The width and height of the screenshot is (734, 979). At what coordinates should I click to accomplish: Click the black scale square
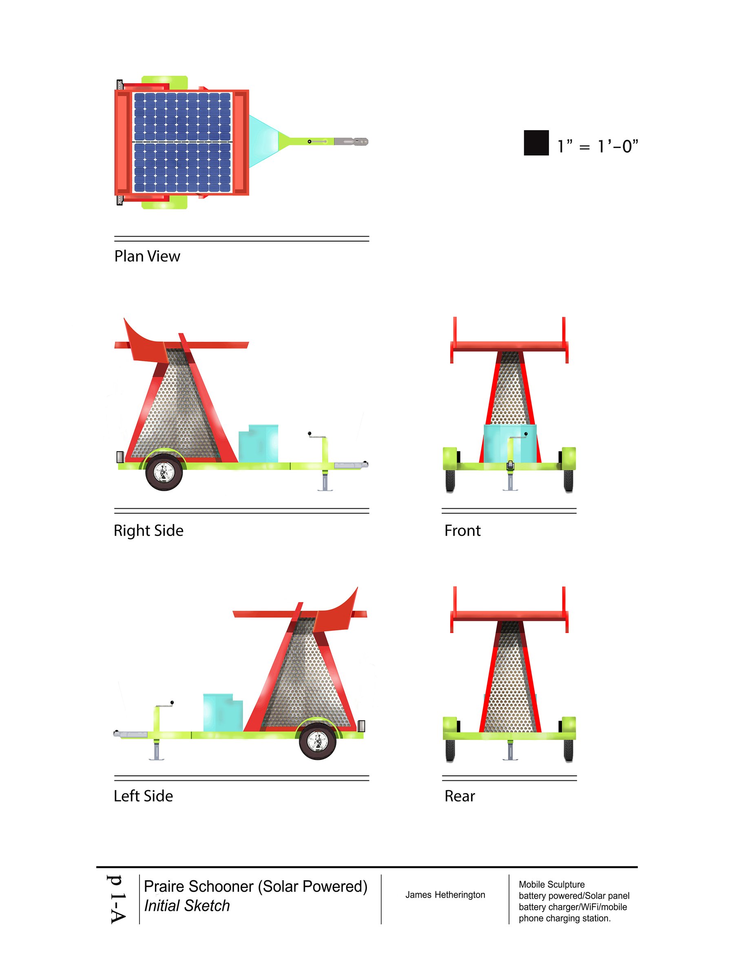tap(536, 142)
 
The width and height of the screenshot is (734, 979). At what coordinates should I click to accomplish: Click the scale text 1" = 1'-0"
tap(598, 146)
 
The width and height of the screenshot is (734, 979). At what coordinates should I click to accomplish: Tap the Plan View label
tap(147, 256)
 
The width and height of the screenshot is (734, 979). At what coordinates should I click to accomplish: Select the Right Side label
tap(149, 531)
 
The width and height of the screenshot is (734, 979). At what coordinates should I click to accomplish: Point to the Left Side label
tap(144, 796)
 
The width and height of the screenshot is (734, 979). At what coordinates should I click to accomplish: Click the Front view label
tap(462, 531)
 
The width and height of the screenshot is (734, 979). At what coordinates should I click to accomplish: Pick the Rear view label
tap(460, 796)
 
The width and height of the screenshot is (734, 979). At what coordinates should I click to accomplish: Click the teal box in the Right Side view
tap(259, 443)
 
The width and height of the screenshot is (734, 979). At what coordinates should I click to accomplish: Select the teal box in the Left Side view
tap(223, 713)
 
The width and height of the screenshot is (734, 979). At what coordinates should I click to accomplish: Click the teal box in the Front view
tap(510, 443)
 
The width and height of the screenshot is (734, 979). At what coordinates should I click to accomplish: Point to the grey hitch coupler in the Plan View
tap(351, 142)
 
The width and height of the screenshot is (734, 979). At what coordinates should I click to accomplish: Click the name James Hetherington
tap(445, 895)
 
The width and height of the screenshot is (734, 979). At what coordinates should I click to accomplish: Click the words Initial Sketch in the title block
tap(187, 906)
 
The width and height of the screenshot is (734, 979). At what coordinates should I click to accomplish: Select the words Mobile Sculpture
tap(552, 885)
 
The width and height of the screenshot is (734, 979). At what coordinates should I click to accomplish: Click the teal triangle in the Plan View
tap(264, 142)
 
